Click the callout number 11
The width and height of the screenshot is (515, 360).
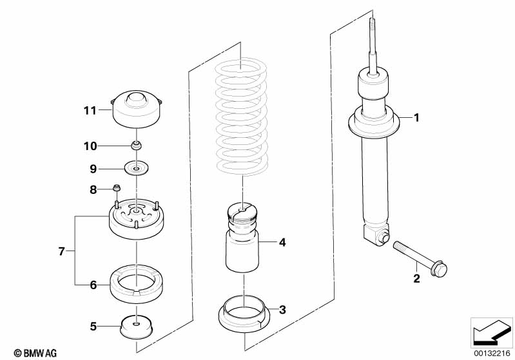coord(90,111)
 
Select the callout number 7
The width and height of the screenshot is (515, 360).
coord(61,251)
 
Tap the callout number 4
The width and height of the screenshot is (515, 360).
coord(282,243)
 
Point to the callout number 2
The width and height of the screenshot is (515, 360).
coord(416,279)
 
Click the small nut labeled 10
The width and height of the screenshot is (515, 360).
coord(137,145)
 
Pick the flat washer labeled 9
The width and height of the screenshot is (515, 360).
coord(136,167)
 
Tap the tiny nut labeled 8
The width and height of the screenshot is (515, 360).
coord(116,188)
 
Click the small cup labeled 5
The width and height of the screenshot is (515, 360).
coord(136,327)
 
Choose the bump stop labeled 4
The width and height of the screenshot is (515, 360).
coord(242,238)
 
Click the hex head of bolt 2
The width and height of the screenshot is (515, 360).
coord(440,269)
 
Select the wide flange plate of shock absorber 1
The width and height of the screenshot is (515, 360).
coord(374,126)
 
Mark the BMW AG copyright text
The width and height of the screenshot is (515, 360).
coord(35,353)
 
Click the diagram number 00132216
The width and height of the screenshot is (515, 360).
coord(492,353)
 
